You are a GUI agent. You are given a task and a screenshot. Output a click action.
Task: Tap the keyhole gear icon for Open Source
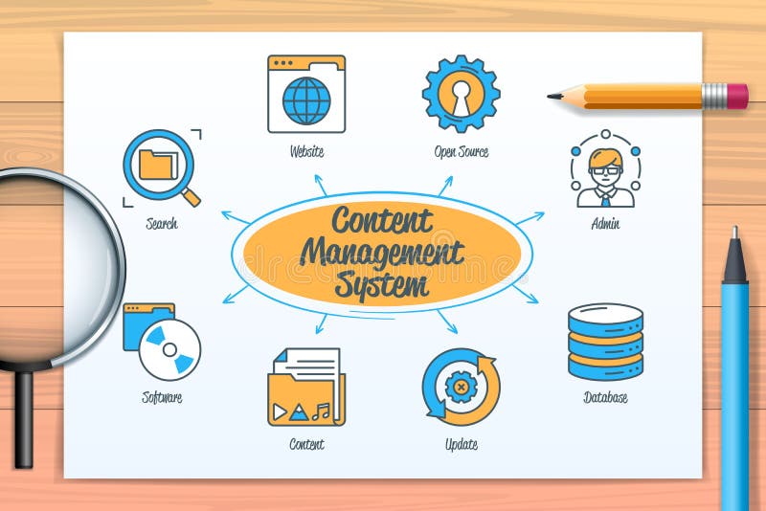[461, 93]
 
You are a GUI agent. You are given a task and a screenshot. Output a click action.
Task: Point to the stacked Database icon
[605, 342]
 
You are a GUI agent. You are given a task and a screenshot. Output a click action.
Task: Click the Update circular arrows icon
[461, 387]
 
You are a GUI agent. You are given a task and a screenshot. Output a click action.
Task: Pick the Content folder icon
[306, 388]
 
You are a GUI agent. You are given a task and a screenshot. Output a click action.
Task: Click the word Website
[306, 151]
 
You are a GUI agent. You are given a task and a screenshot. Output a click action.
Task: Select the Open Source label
[461, 151]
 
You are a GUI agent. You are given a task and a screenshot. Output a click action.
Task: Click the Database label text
[605, 397]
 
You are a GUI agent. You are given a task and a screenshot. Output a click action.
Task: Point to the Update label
[461, 444]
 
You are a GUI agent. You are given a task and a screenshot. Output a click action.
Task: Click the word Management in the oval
[381, 254]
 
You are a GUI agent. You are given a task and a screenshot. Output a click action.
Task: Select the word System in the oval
[381, 283]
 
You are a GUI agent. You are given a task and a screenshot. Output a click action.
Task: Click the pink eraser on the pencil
[736, 95]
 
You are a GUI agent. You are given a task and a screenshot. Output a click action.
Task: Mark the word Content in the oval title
[381, 221]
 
